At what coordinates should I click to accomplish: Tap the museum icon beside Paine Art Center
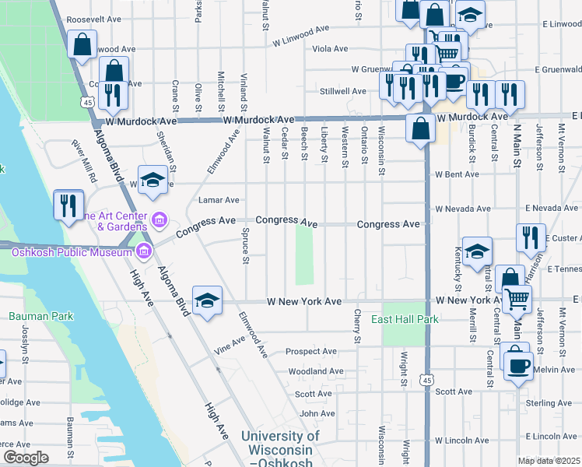[160, 221]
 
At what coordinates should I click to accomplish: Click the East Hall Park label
[404, 319]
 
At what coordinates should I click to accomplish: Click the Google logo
[26, 458]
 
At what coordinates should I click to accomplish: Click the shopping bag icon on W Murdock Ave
[420, 129]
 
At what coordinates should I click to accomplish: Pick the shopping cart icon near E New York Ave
[517, 298]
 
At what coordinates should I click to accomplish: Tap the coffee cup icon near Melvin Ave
[518, 365]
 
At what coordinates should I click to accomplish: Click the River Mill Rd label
[84, 160]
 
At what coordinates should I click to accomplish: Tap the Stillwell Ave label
[343, 91]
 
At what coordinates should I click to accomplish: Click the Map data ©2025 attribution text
[549, 461]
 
